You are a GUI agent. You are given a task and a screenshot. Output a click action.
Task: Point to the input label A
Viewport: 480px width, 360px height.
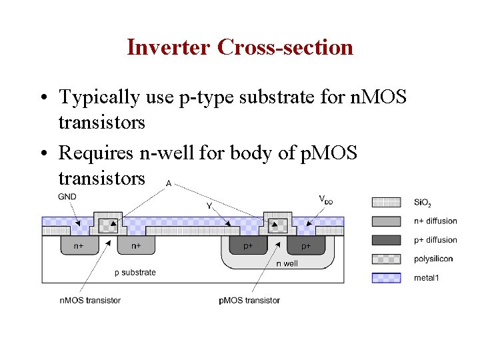168,183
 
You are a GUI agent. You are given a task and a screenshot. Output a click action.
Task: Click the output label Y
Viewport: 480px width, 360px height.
209,206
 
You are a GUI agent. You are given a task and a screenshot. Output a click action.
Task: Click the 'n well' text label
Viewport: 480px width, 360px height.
287,263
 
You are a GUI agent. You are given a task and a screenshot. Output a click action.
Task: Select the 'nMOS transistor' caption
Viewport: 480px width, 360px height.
90,300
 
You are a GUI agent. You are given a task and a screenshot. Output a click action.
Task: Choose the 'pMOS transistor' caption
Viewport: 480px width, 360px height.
249,300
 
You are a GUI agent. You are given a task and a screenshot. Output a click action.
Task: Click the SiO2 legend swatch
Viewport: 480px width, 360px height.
386,202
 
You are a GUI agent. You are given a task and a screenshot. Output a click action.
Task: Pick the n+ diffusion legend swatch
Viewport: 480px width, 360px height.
386,221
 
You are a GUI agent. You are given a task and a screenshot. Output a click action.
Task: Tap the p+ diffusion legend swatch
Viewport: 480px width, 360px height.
386,240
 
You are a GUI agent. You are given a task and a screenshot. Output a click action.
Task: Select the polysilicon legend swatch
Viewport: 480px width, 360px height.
386,259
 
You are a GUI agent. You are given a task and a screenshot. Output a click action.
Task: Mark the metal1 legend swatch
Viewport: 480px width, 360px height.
386,277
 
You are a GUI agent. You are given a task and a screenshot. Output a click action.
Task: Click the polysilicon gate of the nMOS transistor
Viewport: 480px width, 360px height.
107,225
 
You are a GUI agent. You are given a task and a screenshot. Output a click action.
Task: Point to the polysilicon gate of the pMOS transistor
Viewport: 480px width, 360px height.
277,225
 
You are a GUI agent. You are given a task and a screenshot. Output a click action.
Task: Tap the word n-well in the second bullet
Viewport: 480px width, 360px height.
171,153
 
